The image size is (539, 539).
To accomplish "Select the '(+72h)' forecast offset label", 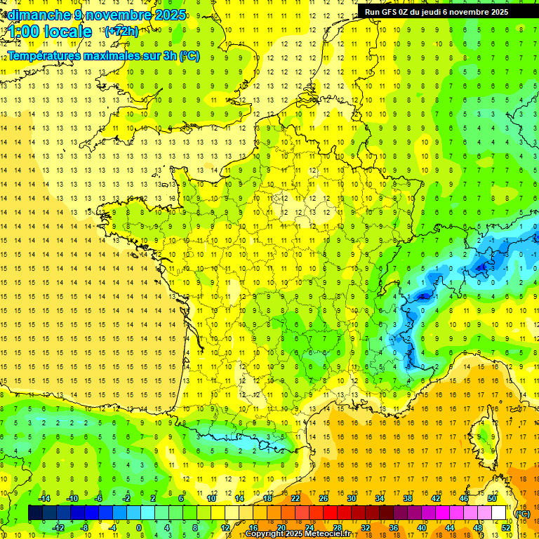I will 121,31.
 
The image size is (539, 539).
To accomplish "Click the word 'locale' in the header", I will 67,32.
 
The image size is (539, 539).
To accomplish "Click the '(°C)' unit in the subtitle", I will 189,55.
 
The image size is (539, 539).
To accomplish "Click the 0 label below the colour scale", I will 138,527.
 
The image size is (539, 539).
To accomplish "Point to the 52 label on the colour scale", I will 506,527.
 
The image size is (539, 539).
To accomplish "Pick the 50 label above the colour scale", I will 492,498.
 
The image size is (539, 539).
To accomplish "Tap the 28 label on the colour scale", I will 337,527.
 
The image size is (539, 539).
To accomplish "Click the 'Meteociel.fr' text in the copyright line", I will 328,534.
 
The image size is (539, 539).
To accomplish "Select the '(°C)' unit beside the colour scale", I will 522,513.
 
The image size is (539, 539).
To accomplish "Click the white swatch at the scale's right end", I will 498,513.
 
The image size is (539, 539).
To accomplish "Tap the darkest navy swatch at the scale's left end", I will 35,513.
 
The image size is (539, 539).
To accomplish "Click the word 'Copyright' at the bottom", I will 265,534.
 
